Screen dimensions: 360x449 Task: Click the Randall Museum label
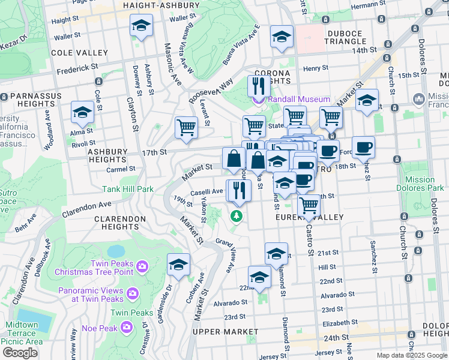coord(297,99)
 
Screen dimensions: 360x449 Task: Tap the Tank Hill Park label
coord(128,189)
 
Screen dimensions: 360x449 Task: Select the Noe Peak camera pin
coord(127,327)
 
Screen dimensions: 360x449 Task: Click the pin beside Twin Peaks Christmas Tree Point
coord(142,265)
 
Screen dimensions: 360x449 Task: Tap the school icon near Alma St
coord(82,112)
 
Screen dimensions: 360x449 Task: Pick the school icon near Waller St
coord(141,25)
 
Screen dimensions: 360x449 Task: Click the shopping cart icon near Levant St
coord(186,127)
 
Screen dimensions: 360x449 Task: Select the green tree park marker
coord(237,215)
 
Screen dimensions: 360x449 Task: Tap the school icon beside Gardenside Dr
coord(178,265)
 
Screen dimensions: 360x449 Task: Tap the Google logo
coord(20,352)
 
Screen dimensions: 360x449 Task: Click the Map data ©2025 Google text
coord(412,355)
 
